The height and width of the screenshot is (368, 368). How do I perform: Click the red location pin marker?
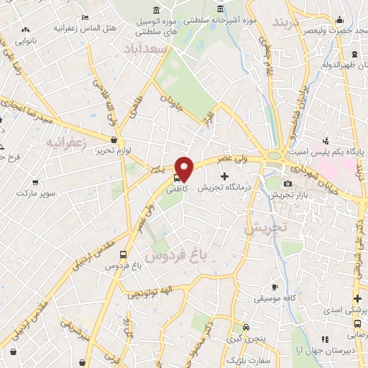point(185,170)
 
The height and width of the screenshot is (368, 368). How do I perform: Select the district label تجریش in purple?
point(265,228)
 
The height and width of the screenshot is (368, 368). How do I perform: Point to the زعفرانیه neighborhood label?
point(65,143)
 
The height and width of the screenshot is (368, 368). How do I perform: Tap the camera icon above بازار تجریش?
point(287,183)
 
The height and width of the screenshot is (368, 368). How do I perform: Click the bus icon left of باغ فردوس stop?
point(124,254)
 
